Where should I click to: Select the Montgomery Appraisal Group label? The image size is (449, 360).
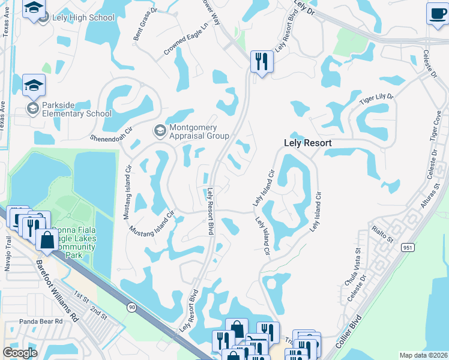[x=199, y=131]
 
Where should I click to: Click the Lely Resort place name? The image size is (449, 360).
[x=307, y=143]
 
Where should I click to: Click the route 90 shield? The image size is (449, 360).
[x=130, y=307]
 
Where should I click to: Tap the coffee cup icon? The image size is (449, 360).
[x=436, y=13]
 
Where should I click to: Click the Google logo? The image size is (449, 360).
[x=20, y=353]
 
